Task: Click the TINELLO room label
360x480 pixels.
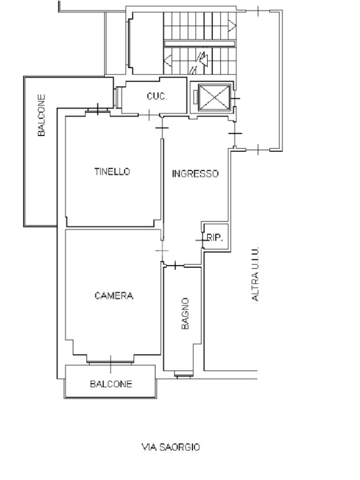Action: tap(112, 172)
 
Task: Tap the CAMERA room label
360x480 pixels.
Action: tap(114, 296)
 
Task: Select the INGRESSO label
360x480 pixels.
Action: tap(195, 174)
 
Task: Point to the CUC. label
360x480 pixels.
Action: tap(157, 97)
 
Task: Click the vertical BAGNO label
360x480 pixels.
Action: tap(185, 314)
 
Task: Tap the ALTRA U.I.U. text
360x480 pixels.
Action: tap(255, 274)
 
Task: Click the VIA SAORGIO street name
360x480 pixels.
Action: tap(171, 447)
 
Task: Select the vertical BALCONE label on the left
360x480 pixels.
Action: tap(42, 115)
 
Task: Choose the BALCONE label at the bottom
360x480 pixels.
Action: tap(111, 384)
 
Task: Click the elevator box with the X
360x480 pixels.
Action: tap(214, 97)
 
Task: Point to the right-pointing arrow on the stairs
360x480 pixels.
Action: tap(232, 25)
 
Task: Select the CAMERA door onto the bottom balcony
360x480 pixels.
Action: tap(111, 361)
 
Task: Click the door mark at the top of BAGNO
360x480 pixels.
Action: tap(175, 266)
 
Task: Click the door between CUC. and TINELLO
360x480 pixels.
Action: tap(149, 114)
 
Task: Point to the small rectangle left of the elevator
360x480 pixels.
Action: tap(195, 97)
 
